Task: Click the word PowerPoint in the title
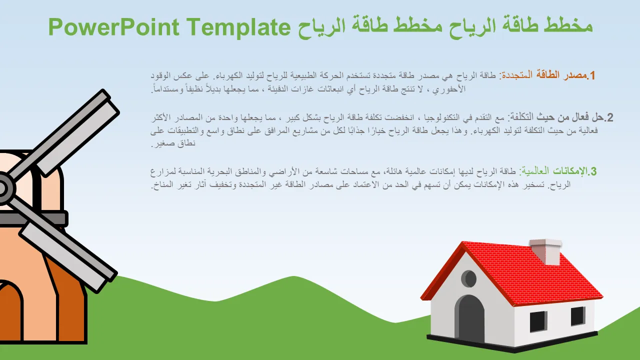114,27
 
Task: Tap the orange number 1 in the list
592,75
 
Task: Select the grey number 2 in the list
609,117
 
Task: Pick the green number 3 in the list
593,171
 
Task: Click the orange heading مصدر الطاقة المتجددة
543,75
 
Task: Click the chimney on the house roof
545,252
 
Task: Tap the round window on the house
469,278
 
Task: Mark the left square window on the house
538,321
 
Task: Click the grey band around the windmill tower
33,218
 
